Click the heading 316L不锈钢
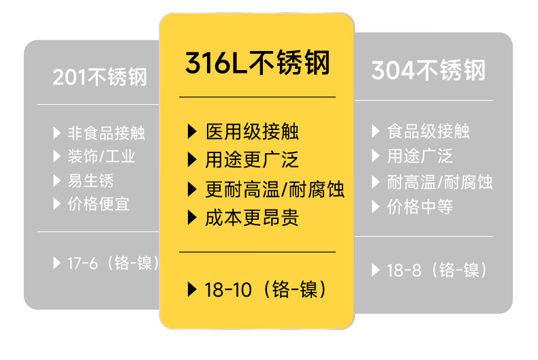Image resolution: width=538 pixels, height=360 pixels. pos(257,64)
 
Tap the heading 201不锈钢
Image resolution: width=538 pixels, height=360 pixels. pos(99,77)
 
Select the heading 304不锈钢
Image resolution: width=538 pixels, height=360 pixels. pos(428,71)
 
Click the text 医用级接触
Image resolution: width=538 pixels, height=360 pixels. pos(251,131)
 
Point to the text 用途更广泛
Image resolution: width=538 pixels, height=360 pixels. pos(251,160)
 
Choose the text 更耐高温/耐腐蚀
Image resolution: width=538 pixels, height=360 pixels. pos(274,189)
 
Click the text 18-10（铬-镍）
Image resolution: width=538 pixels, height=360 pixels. pos(266,289)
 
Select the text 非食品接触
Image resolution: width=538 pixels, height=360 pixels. pos(106,133)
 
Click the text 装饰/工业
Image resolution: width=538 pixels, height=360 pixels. pos(101,156)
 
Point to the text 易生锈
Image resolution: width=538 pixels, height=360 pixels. pos(91,180)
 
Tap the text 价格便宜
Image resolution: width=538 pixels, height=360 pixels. pos(99,203)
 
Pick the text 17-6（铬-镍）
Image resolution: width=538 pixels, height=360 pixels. pos(112,263)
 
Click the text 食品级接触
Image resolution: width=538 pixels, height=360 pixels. pos(428,131)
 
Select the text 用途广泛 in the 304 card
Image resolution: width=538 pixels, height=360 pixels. pos(420,156)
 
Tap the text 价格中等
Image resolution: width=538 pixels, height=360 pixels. pos(420,207)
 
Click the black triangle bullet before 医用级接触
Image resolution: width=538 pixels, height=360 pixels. pos(191,131)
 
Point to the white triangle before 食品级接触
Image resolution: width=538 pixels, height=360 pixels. pos(375,131)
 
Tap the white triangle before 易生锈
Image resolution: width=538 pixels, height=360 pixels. pos(57,180)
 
